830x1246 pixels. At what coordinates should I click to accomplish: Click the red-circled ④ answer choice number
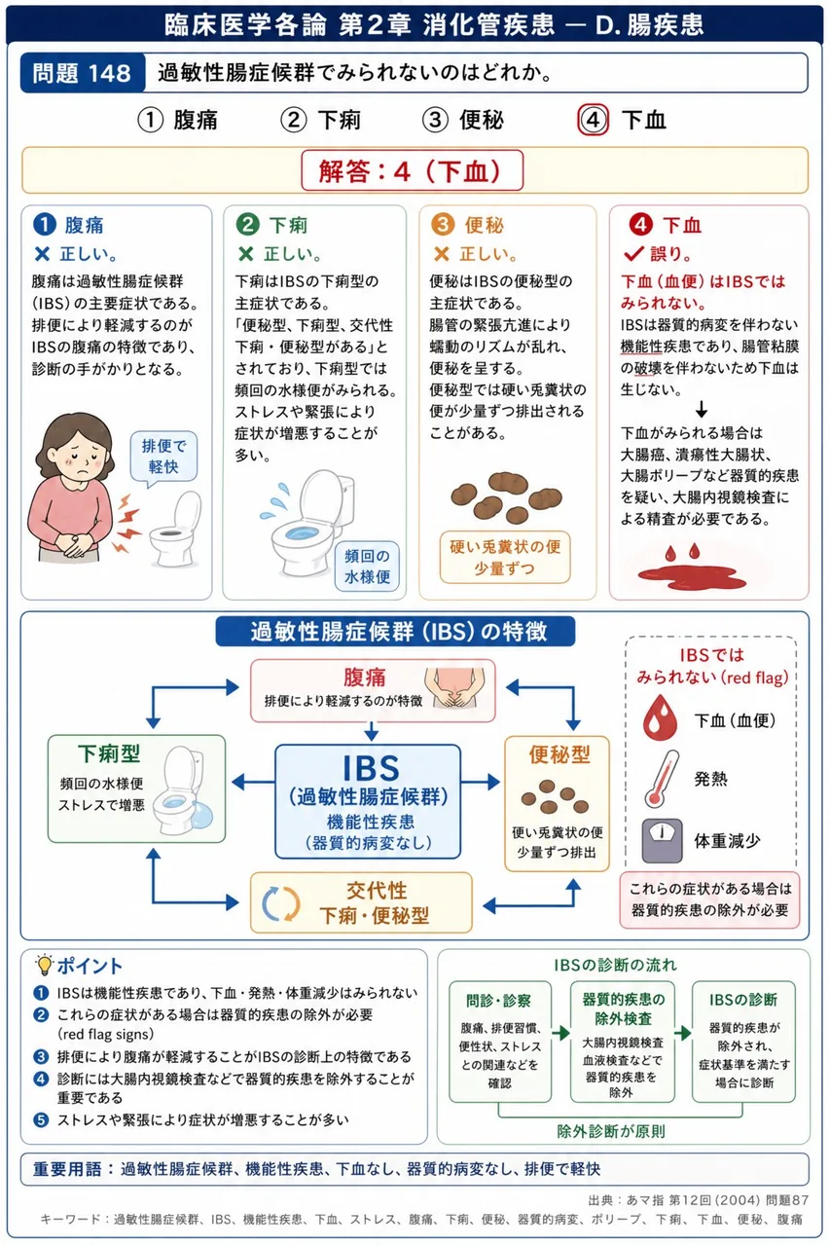pyautogui.click(x=593, y=120)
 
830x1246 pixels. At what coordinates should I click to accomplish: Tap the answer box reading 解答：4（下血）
pyautogui.click(x=412, y=170)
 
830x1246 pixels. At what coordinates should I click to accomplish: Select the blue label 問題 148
pyautogui.click(x=83, y=73)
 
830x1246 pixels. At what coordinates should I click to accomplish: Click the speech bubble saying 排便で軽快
pyautogui.click(x=163, y=457)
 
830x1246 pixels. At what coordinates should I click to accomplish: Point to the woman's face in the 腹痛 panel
pyautogui.click(x=82, y=454)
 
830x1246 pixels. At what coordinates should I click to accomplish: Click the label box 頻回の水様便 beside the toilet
pyautogui.click(x=367, y=567)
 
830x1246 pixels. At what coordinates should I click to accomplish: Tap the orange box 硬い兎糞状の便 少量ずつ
pyautogui.click(x=505, y=558)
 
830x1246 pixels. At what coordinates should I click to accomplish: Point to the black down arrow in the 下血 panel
pyautogui.click(x=702, y=410)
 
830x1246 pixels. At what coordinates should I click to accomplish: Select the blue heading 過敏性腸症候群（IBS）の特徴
pyautogui.click(x=395, y=632)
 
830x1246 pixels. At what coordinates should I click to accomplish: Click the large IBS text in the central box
pyautogui.click(x=371, y=768)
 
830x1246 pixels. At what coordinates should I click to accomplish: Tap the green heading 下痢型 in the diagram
pyautogui.click(x=109, y=753)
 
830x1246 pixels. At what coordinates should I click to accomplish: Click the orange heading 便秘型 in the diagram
pyautogui.click(x=559, y=754)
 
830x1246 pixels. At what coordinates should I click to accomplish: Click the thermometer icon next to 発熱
pyautogui.click(x=662, y=779)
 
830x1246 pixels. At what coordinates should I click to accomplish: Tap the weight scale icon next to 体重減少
pyautogui.click(x=662, y=840)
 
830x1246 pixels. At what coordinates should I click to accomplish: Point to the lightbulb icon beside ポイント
pyautogui.click(x=44, y=965)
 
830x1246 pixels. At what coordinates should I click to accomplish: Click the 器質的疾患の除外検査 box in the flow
pyautogui.click(x=622, y=1042)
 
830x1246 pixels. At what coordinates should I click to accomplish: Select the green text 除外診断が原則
pyautogui.click(x=611, y=1131)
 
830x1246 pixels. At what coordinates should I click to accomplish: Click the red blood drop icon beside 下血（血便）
pyautogui.click(x=660, y=717)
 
